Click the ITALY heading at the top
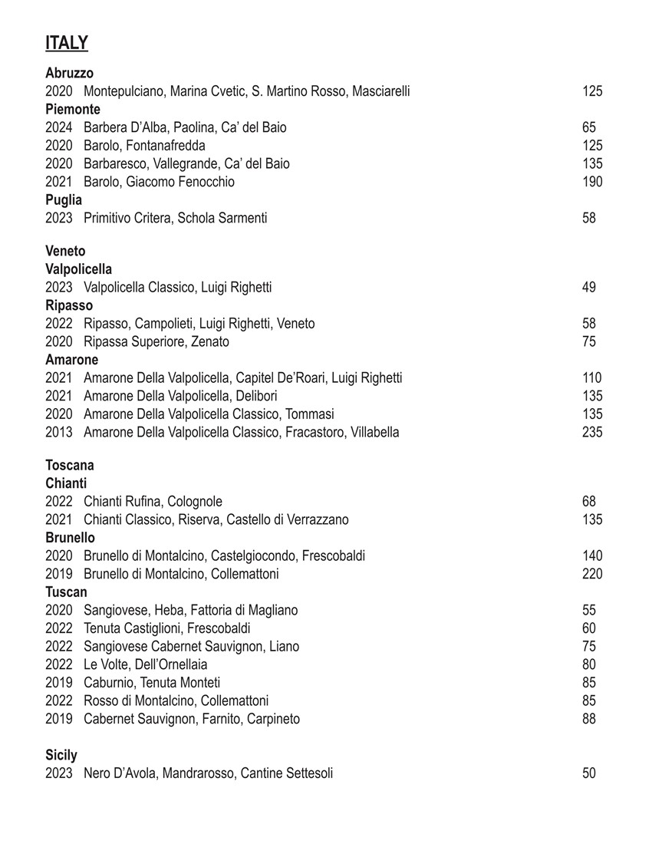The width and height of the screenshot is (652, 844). pyautogui.click(x=67, y=43)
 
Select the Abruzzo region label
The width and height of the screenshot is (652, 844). pyautogui.click(x=69, y=73)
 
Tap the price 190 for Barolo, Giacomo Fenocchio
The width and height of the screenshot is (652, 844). pyautogui.click(x=591, y=182)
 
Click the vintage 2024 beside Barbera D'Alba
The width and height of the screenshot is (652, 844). pyautogui.click(x=58, y=127)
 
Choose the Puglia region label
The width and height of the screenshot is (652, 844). pyautogui.click(x=64, y=200)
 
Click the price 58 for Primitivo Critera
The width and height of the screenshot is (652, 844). pyautogui.click(x=588, y=218)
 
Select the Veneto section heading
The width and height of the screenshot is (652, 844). pyautogui.click(x=65, y=251)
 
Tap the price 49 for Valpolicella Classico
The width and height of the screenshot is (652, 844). pyautogui.click(x=588, y=288)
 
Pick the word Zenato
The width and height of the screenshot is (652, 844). pyautogui.click(x=209, y=341)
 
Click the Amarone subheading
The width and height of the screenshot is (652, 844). pyautogui.click(x=71, y=360)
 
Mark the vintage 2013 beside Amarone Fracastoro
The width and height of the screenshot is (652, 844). pyautogui.click(x=58, y=432)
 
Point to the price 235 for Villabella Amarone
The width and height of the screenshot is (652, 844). pyautogui.click(x=591, y=432)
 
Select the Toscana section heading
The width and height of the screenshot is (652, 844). pyautogui.click(x=70, y=465)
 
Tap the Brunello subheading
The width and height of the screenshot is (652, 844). pyautogui.click(x=70, y=538)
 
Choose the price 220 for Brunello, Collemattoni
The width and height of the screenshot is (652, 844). pyautogui.click(x=591, y=574)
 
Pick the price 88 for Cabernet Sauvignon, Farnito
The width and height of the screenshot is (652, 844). pyautogui.click(x=588, y=719)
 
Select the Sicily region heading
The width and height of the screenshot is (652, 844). pyautogui.click(x=61, y=756)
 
